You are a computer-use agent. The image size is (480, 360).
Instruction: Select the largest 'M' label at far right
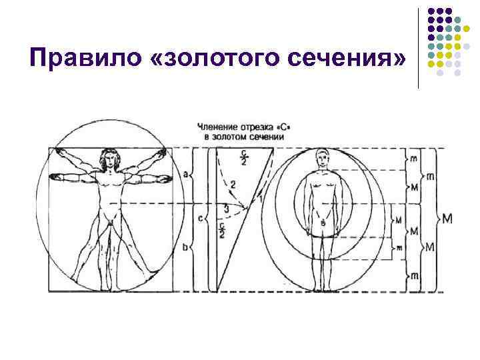click(446, 219)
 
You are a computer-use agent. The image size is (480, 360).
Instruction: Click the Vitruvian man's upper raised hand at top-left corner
click(57, 153)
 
